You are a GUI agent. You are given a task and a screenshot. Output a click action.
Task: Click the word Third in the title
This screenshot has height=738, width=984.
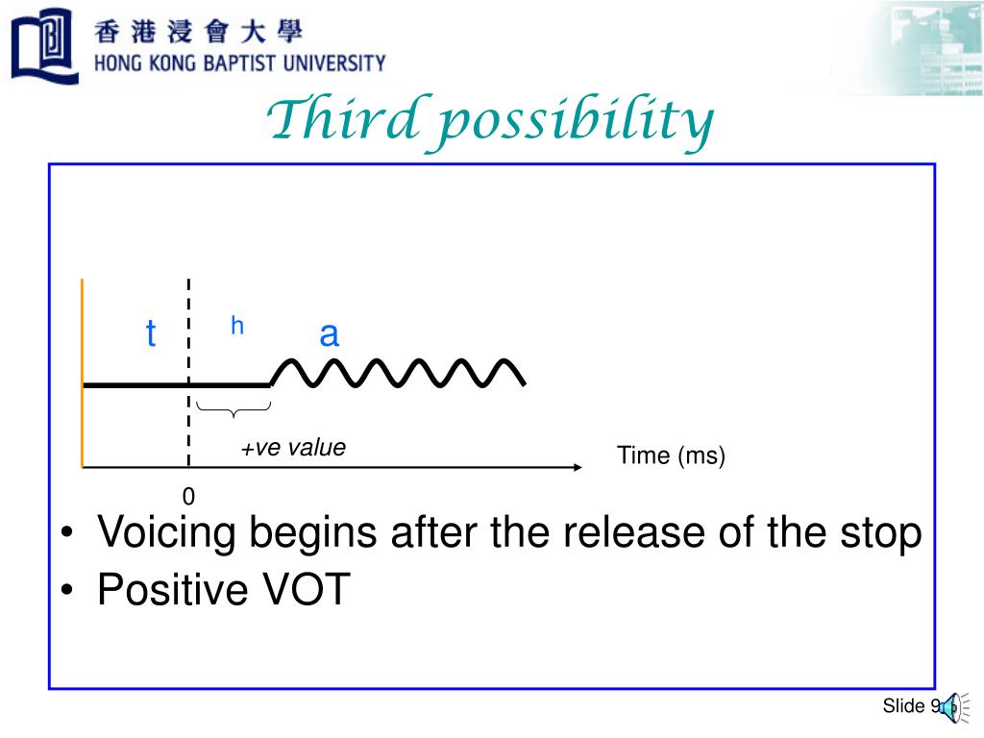[x=332, y=121]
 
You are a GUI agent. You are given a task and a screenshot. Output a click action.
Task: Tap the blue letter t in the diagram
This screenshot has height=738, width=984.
[x=150, y=335]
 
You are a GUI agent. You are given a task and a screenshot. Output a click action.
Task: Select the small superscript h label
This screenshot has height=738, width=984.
[x=237, y=327]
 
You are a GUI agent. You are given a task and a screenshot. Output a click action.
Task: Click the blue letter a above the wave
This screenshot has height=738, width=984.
[x=329, y=334]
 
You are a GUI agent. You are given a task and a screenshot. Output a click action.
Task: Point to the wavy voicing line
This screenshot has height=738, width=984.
[x=399, y=373]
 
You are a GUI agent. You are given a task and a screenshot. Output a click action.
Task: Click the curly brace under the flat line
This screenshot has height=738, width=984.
[x=234, y=410]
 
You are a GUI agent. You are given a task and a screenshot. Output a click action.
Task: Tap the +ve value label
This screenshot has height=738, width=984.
[x=293, y=448]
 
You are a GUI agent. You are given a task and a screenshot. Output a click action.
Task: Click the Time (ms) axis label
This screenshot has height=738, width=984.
[x=671, y=455]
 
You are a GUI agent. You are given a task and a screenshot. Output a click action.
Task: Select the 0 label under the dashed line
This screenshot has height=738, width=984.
[x=188, y=496]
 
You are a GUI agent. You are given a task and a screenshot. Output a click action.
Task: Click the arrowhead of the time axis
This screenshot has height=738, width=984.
[x=578, y=468]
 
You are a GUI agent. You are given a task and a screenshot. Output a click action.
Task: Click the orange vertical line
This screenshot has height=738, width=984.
[x=84, y=375]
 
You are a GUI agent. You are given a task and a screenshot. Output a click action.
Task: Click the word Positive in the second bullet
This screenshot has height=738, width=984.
[x=169, y=590]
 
